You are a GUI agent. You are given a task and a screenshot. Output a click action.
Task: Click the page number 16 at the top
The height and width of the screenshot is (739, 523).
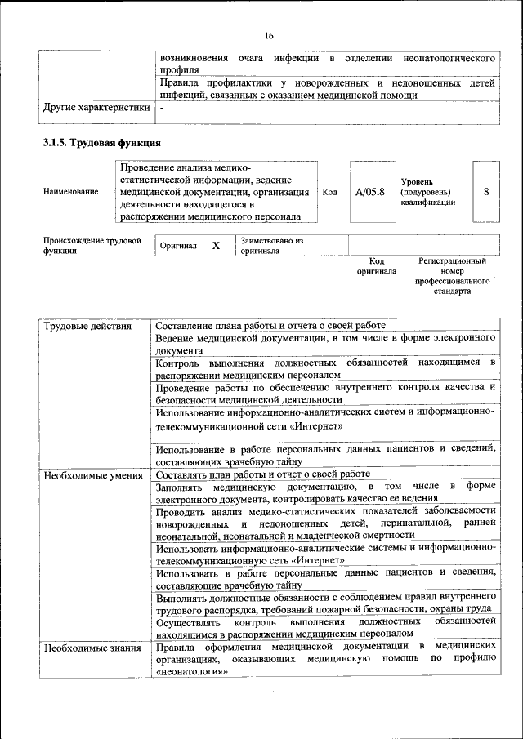269,35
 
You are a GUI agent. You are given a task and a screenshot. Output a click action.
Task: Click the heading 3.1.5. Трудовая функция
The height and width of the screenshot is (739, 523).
96,143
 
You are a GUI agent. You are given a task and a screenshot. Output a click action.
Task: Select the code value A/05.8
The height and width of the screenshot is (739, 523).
370,192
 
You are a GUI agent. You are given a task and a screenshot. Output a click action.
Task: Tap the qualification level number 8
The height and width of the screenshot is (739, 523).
486,192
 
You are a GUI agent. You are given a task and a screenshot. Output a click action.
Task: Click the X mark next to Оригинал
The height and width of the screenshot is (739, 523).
216,246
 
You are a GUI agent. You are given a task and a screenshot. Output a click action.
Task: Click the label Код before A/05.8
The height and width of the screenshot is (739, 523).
330,192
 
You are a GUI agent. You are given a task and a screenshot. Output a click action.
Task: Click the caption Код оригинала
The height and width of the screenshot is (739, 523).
376,265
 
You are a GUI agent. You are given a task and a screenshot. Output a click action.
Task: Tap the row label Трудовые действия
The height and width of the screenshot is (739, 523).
87,327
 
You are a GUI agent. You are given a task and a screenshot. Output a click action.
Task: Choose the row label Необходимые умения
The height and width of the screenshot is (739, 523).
93,474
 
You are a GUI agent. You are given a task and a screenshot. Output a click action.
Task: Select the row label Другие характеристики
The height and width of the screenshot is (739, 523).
96,107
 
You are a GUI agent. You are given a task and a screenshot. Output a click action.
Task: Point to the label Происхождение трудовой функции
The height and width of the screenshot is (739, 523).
92,246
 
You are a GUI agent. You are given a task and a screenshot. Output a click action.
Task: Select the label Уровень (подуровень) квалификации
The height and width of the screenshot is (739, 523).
428,192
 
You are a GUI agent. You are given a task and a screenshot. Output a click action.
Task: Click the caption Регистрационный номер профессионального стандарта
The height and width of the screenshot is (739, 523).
452,275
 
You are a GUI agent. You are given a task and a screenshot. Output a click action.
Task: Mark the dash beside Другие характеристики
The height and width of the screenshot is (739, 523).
162,107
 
